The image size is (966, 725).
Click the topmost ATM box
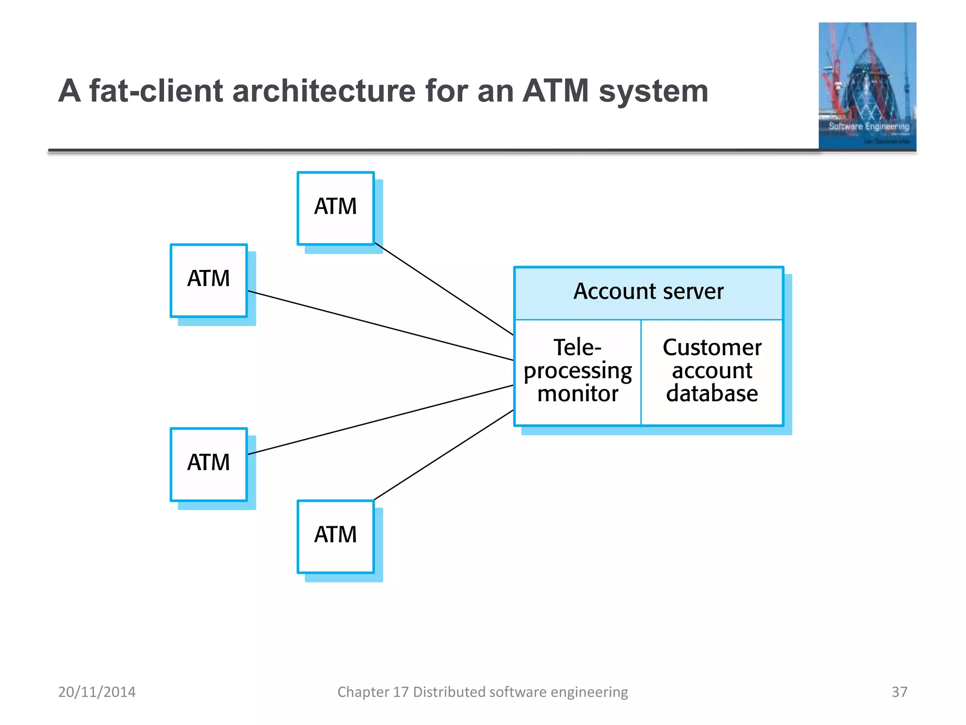pyautogui.click(x=335, y=208)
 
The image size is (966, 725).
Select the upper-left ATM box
pyautogui.click(x=208, y=280)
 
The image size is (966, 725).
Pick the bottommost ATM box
pyautogui.click(x=335, y=536)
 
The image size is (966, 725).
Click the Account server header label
pyautogui.click(x=648, y=292)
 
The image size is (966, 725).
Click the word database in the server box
pyautogui.click(x=711, y=394)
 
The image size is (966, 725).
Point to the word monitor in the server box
pyautogui.click(x=577, y=394)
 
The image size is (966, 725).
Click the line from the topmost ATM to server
pyautogui.click(x=443, y=289)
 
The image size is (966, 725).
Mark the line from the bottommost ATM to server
pyautogui.click(x=443, y=455)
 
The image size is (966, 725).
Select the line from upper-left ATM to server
pyautogui.click(x=380, y=326)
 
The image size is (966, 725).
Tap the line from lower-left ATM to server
pyautogui.click(x=380, y=420)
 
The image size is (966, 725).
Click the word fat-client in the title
pyautogui.click(x=156, y=91)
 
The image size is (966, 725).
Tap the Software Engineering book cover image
pyautogui.click(x=867, y=86)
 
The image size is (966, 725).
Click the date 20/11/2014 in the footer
pyautogui.click(x=97, y=692)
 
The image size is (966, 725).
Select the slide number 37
pyautogui.click(x=899, y=692)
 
